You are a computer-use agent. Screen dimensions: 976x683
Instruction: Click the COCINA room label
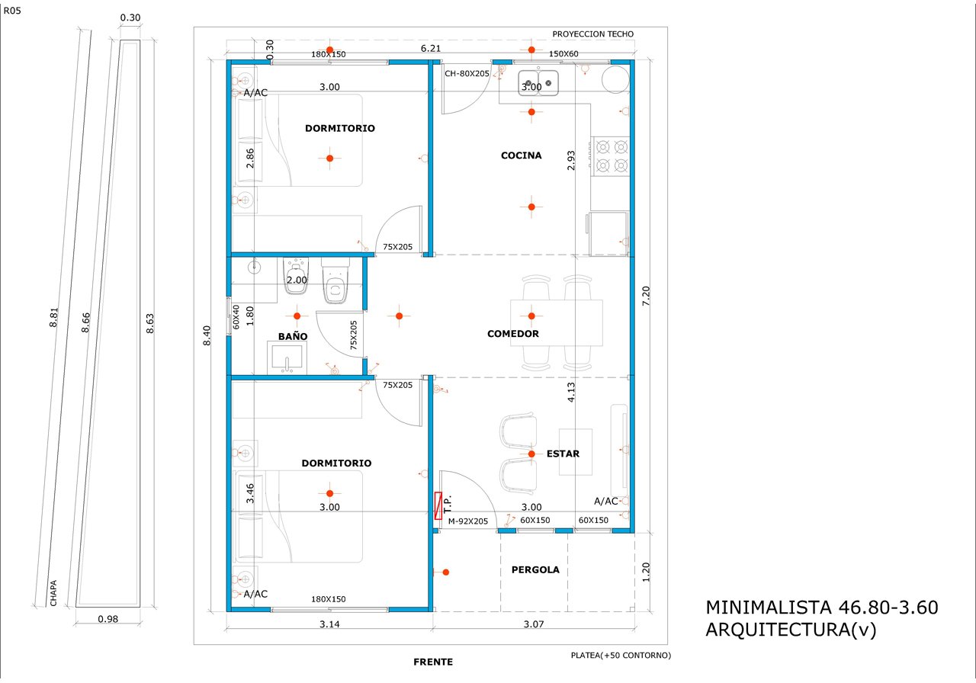pos(521,156)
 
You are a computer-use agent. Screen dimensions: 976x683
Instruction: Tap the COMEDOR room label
pos(513,334)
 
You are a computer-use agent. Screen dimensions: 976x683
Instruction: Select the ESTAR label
pos(563,454)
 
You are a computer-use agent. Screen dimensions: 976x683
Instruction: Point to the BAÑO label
pos(293,336)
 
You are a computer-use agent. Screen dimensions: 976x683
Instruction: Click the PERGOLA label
pos(535,569)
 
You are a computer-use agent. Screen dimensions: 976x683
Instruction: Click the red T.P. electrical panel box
pos(438,505)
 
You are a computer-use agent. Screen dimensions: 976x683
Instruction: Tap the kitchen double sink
pos(538,83)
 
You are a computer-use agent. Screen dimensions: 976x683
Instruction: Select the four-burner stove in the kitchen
pos(611,156)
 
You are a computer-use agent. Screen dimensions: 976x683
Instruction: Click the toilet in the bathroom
pos(335,281)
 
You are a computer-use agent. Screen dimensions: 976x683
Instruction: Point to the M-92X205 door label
pos(468,521)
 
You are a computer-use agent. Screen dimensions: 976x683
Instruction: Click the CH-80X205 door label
pos(467,74)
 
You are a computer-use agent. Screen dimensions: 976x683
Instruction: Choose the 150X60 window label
pos(563,54)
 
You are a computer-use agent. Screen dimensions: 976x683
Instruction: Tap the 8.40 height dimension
pos(207,335)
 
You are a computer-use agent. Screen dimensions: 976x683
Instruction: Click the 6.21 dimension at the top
pos(431,48)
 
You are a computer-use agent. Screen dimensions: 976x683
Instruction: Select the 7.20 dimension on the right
pos(646,296)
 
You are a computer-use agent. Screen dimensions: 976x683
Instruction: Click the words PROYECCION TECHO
pos(593,34)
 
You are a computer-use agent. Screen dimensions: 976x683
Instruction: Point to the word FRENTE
pos(433,662)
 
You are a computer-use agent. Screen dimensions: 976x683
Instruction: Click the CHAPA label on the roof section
pos(53,593)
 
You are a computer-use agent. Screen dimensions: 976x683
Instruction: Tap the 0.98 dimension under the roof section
pos(108,619)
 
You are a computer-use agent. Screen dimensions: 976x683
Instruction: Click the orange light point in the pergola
pos(446,572)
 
